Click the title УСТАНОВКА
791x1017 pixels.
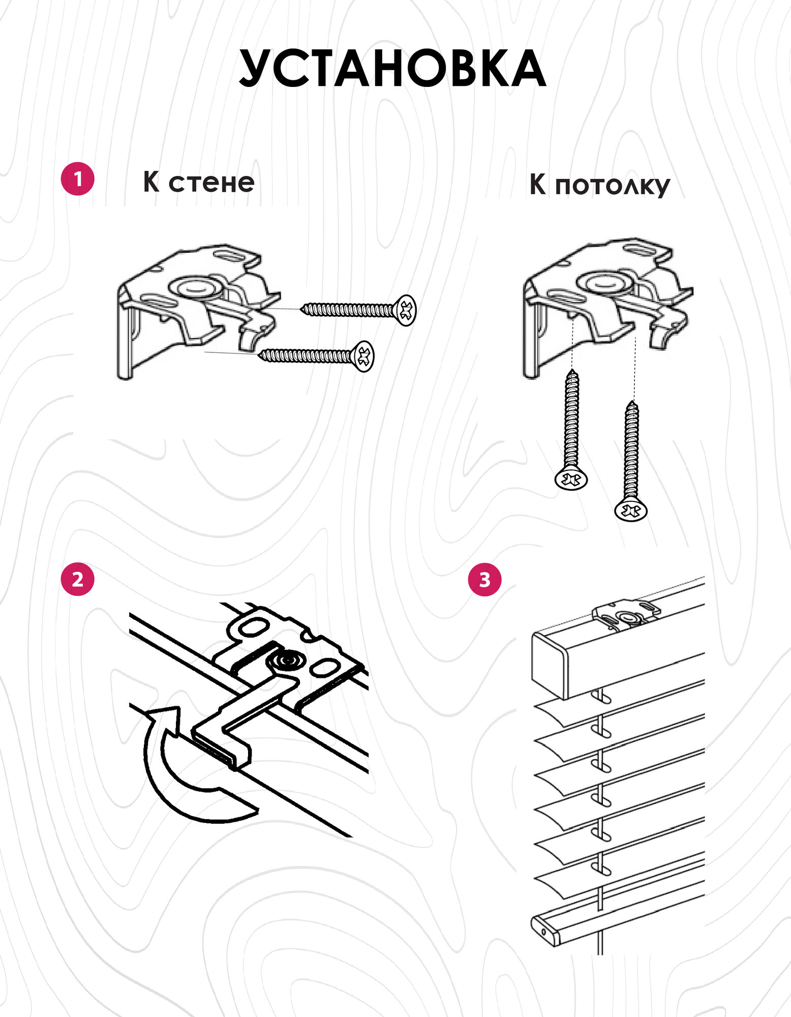coord(392,69)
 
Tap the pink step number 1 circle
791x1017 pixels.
coord(77,179)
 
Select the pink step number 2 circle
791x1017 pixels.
coord(77,579)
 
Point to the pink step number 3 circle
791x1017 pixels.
coord(484,579)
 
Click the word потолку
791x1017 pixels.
coord(612,186)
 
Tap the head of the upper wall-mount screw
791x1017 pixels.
coord(406,310)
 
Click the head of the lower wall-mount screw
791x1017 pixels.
coord(364,356)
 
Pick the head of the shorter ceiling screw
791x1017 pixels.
coord(571,479)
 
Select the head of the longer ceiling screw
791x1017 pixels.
coord(630,510)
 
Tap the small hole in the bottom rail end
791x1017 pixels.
coord(543,932)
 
